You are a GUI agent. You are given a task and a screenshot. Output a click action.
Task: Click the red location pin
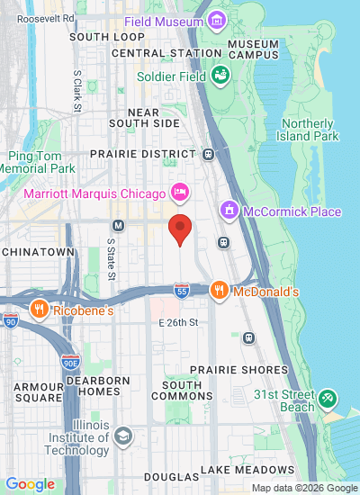(x=180, y=229)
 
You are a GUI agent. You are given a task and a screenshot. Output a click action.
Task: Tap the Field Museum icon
(x=215, y=20)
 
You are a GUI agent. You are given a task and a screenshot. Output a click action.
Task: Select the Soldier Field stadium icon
(x=219, y=76)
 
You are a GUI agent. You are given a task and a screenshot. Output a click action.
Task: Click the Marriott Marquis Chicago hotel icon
(x=180, y=193)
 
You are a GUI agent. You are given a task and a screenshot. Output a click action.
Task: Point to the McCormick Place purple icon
(x=230, y=211)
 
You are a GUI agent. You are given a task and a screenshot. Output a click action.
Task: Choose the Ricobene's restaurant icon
(x=40, y=310)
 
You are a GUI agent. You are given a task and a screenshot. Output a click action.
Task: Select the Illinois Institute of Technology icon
(x=122, y=436)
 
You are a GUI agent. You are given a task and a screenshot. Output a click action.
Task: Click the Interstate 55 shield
(x=182, y=290)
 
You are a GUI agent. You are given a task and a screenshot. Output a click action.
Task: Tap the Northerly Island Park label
(x=310, y=130)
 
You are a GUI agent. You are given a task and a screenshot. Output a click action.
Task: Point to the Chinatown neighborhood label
(x=37, y=252)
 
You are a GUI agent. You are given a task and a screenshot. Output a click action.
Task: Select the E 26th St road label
(x=177, y=321)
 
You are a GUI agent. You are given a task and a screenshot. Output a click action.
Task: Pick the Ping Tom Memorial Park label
(x=38, y=162)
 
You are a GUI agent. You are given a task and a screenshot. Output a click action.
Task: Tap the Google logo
(x=30, y=484)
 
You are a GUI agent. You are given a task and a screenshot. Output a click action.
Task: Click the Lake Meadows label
(x=247, y=470)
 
